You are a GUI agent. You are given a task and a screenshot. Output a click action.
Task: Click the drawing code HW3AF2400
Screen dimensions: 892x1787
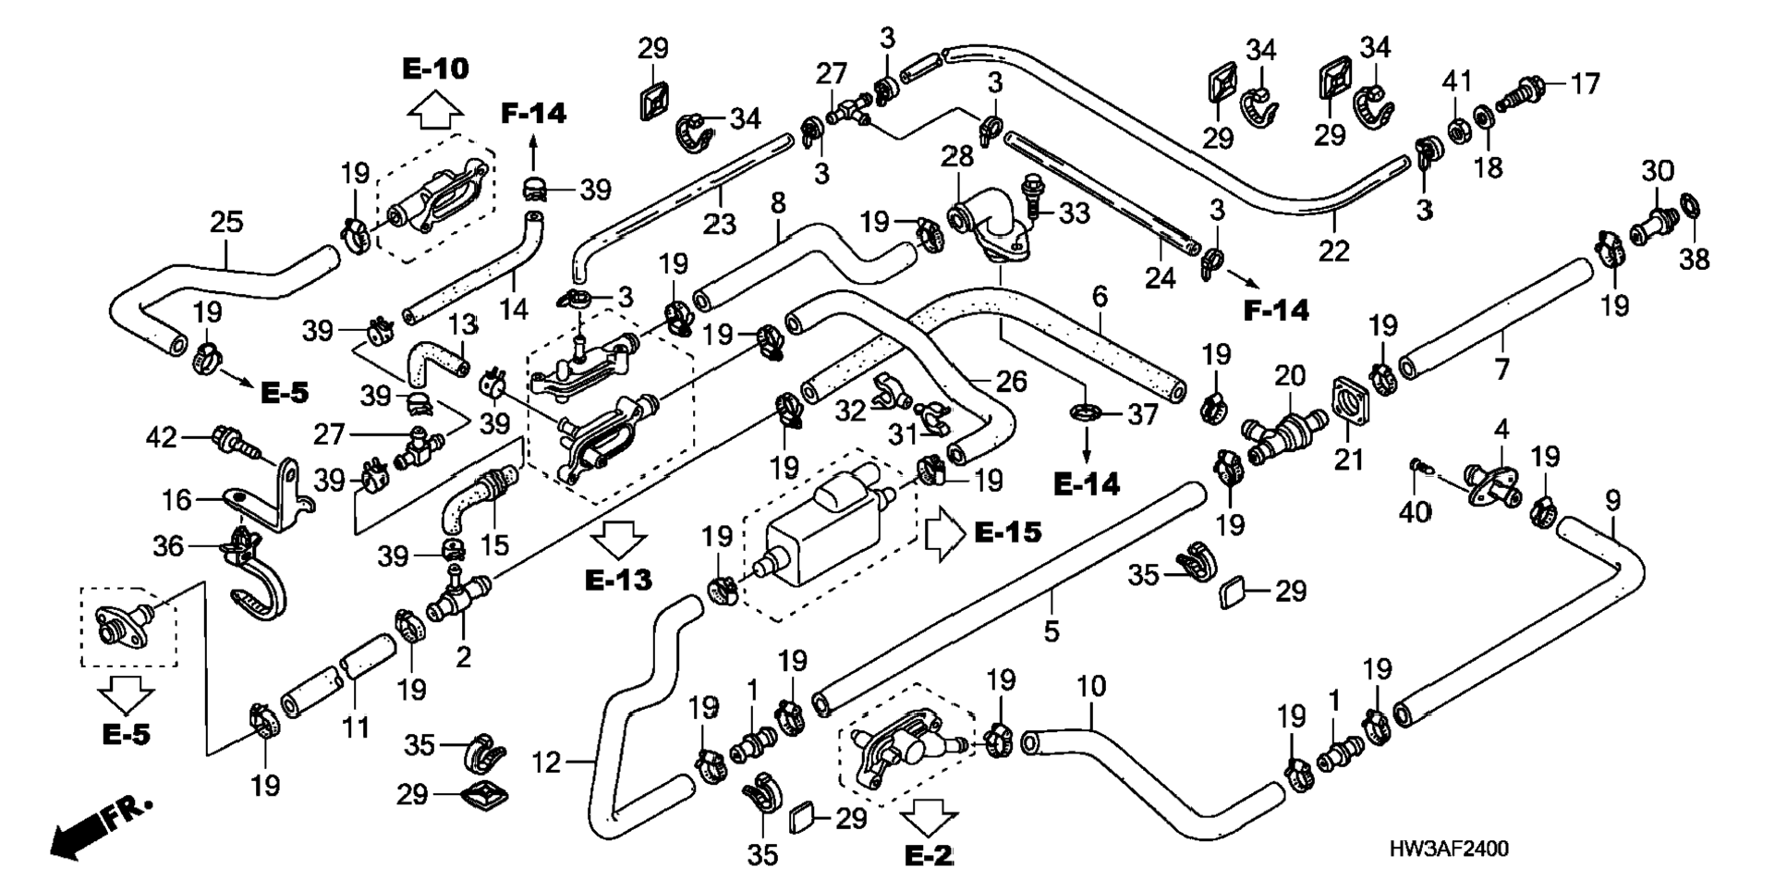[x=1449, y=849]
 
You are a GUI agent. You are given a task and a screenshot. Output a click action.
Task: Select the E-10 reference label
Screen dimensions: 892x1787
[x=435, y=68]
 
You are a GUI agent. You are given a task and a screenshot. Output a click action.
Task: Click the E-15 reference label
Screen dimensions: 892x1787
[x=1008, y=532]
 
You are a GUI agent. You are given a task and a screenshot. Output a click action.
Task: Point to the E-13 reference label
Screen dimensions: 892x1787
[x=618, y=580]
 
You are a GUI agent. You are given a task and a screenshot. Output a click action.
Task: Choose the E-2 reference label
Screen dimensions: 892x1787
[x=928, y=856]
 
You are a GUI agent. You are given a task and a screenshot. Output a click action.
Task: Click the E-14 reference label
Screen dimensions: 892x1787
[x=1087, y=484]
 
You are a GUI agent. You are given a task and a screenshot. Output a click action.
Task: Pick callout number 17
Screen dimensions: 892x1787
[x=1586, y=84]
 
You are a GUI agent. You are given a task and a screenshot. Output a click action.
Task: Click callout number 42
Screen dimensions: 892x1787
[x=162, y=437]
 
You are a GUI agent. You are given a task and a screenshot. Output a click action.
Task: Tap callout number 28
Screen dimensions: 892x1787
[x=957, y=156]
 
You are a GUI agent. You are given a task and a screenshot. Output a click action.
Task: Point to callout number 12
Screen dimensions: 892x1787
[x=546, y=763]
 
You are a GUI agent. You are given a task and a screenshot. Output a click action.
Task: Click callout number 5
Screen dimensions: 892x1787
[x=1051, y=632]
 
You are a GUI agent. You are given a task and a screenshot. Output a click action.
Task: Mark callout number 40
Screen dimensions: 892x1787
[x=1415, y=511]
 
